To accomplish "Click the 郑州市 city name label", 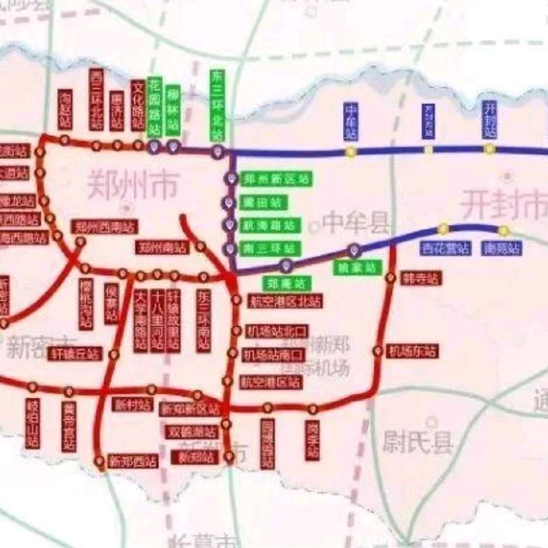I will click(x=131, y=185).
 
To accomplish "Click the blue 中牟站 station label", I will click(x=351, y=122).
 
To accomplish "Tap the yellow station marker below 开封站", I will click(x=489, y=149).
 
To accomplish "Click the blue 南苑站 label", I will click(x=501, y=249).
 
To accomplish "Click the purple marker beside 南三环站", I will click(x=229, y=249).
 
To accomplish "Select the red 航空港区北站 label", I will click(x=284, y=301).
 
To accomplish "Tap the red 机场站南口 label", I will click(x=274, y=354).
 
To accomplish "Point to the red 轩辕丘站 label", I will click(x=75, y=353).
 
